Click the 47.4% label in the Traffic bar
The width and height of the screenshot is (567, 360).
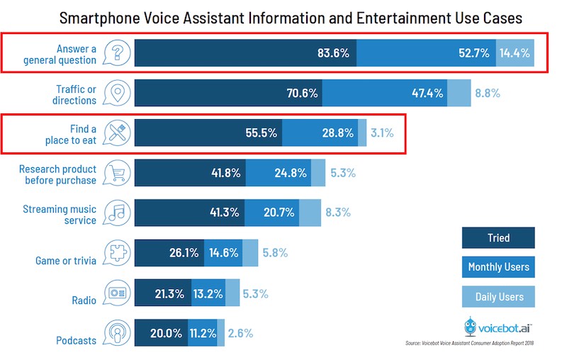427,93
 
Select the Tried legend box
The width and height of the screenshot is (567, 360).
498,238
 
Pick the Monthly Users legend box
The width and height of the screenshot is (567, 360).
498,267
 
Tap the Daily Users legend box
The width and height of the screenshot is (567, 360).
498,296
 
